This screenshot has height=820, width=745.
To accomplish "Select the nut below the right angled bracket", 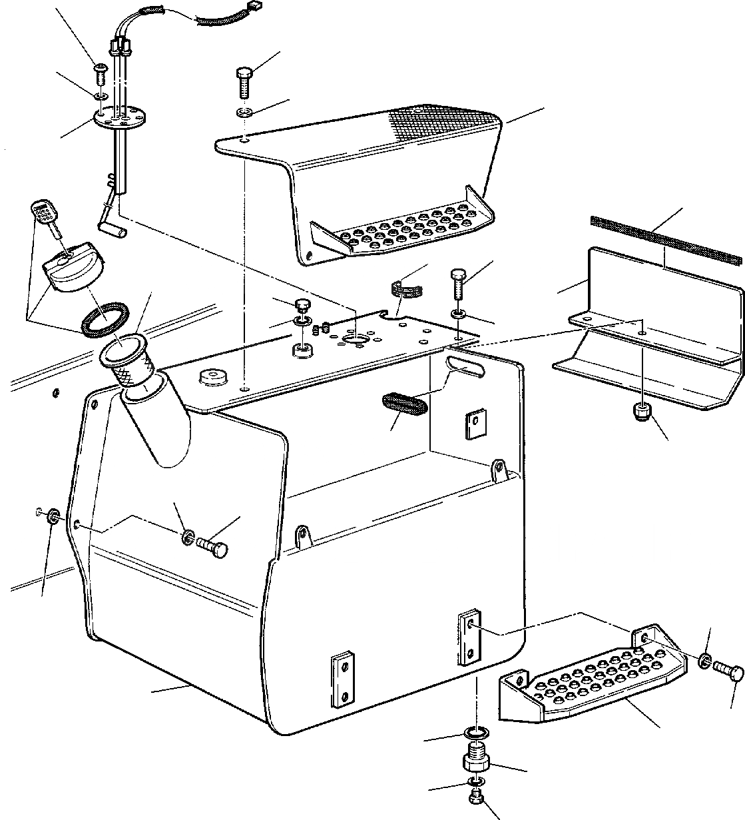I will (642, 411).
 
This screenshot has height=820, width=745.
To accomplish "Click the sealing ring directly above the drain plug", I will (475, 735).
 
